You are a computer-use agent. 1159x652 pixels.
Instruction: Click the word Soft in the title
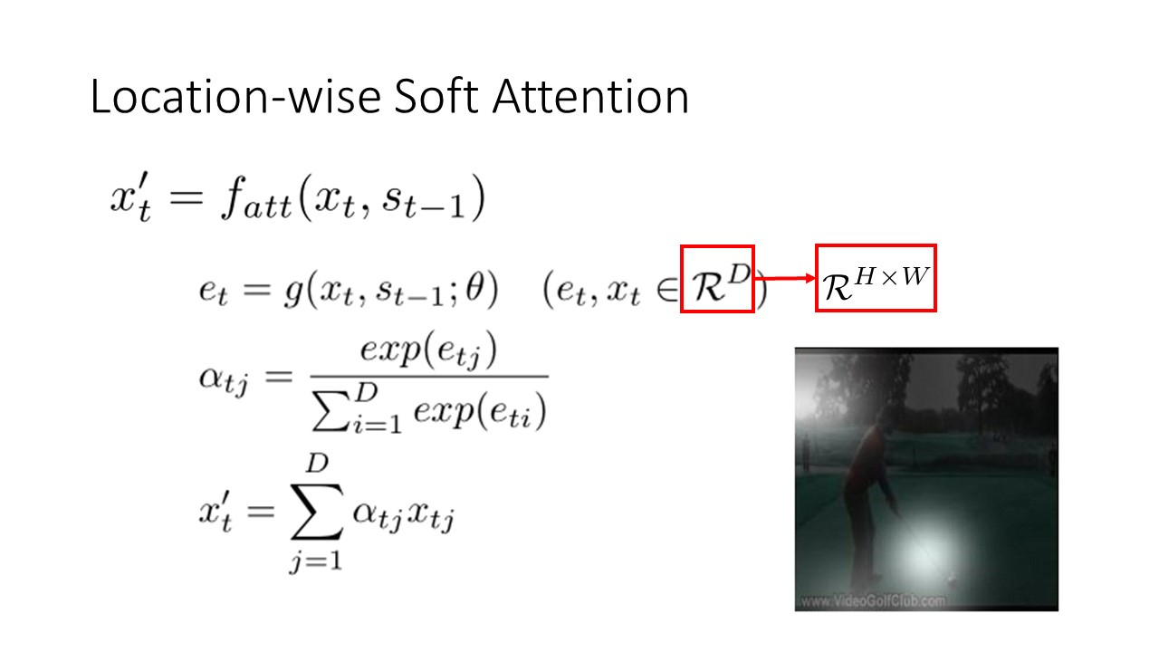coord(436,96)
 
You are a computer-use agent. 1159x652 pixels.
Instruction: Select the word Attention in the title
coord(590,96)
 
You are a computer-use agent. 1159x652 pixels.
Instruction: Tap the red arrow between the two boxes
coord(784,278)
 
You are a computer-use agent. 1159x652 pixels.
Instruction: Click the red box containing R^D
coord(717,278)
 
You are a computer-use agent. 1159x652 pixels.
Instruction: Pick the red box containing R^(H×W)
coord(876,278)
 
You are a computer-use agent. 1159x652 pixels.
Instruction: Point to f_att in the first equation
coord(256,199)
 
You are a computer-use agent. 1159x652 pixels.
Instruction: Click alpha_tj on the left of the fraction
coord(224,379)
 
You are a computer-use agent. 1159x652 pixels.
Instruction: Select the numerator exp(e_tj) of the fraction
coord(428,351)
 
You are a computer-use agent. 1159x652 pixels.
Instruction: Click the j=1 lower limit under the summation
coord(316,561)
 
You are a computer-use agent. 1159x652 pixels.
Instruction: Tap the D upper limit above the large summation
coord(317,463)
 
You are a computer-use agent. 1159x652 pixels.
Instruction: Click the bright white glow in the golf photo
coord(924,552)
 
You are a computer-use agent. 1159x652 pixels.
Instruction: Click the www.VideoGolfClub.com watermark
coord(873,601)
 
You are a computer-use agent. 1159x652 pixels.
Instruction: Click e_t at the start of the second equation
coord(213,291)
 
